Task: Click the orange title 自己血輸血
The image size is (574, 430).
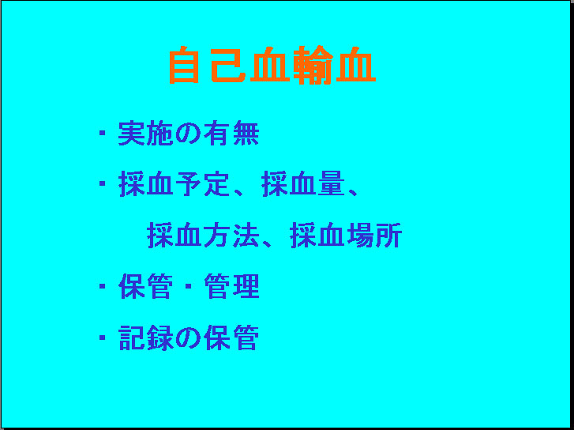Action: [272, 66]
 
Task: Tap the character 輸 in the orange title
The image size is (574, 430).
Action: [314, 66]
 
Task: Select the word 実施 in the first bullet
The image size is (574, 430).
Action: [146, 133]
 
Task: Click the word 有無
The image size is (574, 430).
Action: [231, 133]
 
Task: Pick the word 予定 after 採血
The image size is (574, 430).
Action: [202, 184]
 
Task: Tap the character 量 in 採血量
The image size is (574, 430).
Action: [332, 184]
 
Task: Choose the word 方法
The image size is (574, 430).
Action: [231, 236]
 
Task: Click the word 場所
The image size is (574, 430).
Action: [374, 236]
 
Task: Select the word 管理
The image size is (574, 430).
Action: [231, 286]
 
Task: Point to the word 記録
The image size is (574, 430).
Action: [146, 338]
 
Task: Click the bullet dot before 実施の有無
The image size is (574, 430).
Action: [103, 133]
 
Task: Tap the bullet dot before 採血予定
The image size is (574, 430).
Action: [103, 183]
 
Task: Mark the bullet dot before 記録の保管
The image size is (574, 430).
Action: [103, 337]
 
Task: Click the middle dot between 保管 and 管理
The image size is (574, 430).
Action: [189, 286]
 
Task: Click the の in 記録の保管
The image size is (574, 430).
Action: [188, 338]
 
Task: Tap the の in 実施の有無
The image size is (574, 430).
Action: [188, 133]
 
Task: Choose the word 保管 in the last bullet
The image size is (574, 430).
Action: [231, 338]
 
